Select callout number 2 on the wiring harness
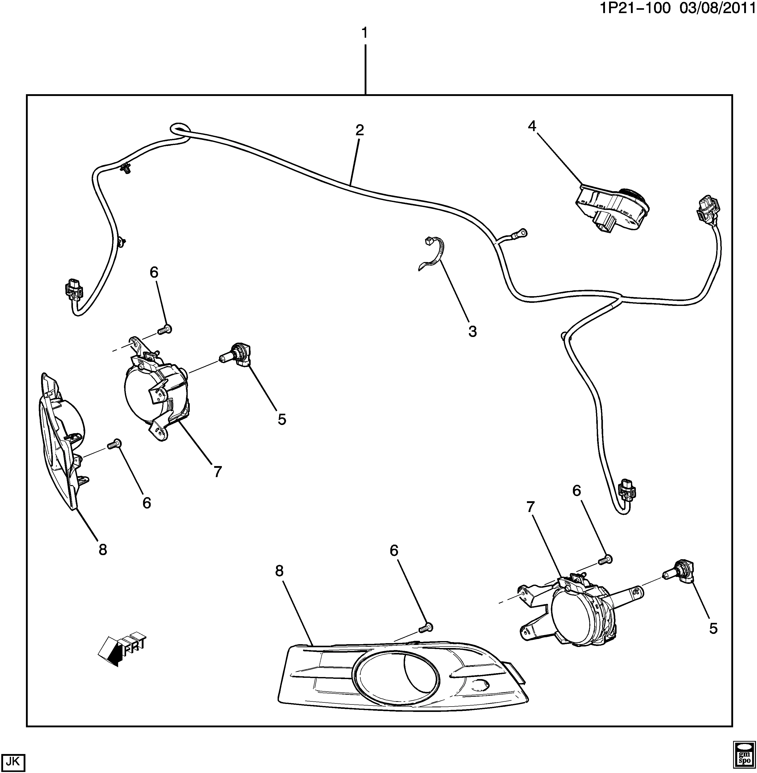point(359,130)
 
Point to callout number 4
point(532,126)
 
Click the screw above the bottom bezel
point(425,639)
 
